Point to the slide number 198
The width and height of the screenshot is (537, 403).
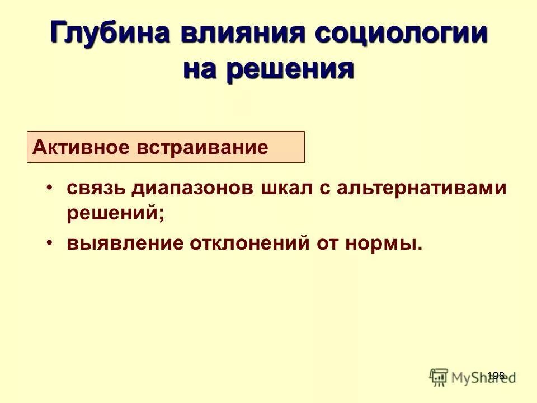pos(496,376)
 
